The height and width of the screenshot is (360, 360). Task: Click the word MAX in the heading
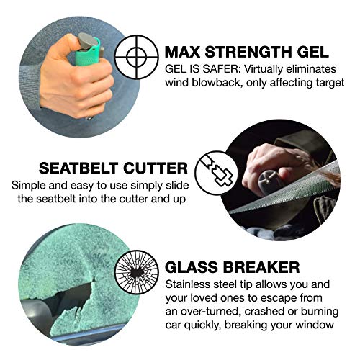[186, 52]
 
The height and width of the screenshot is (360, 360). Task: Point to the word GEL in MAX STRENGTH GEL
[313, 52]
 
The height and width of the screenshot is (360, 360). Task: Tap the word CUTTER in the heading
[155, 168]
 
